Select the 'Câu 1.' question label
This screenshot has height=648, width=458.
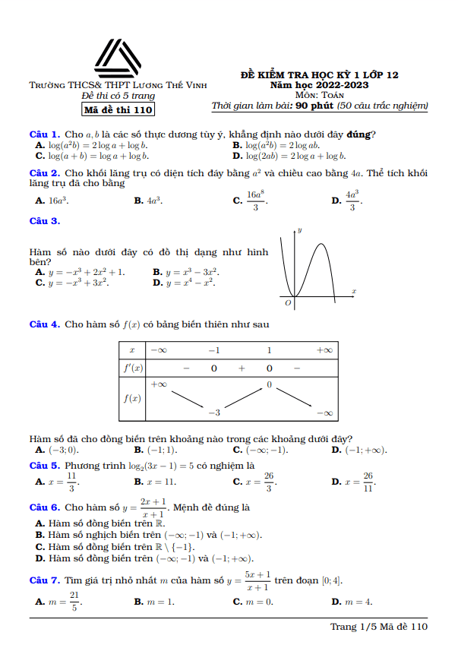tap(44, 134)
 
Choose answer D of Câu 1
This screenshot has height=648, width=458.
tap(289, 156)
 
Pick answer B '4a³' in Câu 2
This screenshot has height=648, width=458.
tap(148, 201)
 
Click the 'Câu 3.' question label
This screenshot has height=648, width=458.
tap(44, 221)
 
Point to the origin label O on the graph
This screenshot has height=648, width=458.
tap(288, 302)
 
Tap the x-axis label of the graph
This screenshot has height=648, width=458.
tap(354, 291)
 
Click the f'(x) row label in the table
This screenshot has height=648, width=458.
tap(132, 368)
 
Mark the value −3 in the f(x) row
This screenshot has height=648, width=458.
tap(214, 413)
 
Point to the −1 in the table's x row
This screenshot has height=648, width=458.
tap(214, 350)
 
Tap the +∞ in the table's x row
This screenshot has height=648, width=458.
tap(324, 350)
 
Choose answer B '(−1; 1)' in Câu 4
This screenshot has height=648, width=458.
tap(155, 450)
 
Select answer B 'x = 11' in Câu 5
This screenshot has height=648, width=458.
tap(155, 482)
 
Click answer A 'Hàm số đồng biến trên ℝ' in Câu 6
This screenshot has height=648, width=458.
tap(99, 523)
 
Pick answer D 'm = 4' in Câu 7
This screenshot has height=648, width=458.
tap(352, 602)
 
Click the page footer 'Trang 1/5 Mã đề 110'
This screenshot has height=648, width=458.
tap(379, 627)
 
